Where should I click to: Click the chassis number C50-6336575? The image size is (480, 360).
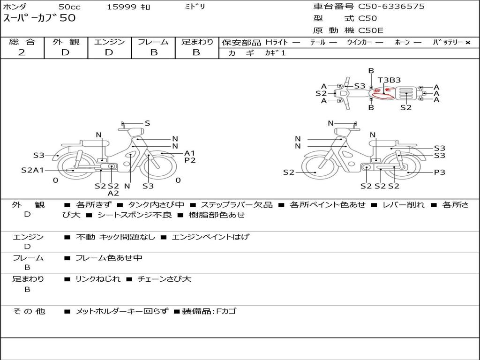click(391, 7)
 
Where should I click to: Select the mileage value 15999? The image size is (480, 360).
click(121, 7)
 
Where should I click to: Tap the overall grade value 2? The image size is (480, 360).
click(22, 52)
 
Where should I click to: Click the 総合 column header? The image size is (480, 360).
click(22, 42)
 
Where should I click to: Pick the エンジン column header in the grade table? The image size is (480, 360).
click(109, 42)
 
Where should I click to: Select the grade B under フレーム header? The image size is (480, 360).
click(154, 52)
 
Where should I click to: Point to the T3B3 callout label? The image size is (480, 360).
click(389, 80)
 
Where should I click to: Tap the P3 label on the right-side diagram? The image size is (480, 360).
click(439, 172)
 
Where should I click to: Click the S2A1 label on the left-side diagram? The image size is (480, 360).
click(32, 170)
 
